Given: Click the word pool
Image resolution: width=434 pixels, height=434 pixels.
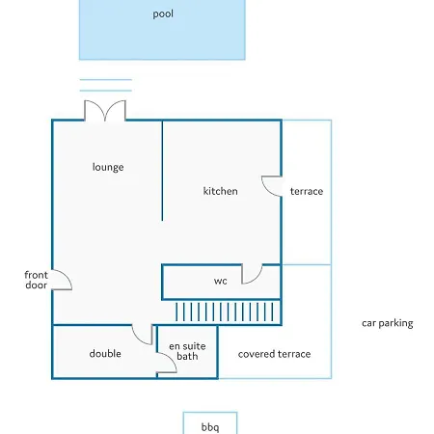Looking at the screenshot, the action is click(x=163, y=14).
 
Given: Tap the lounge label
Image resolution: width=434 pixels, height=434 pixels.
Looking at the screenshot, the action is click(x=108, y=167).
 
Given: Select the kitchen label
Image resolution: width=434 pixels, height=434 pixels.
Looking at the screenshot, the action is click(x=221, y=191).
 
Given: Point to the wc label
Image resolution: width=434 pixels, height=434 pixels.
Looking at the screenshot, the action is click(x=221, y=281).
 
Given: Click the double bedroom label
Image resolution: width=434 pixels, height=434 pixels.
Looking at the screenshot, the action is click(x=105, y=354).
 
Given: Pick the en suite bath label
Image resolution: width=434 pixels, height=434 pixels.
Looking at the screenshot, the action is click(x=187, y=351).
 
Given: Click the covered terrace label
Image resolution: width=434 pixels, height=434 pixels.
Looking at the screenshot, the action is click(x=274, y=354).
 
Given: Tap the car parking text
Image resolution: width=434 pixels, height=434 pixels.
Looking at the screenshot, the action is click(x=388, y=323).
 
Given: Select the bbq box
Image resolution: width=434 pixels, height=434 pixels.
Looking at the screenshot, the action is click(x=210, y=422).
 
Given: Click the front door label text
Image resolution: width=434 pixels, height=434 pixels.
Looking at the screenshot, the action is click(x=36, y=280).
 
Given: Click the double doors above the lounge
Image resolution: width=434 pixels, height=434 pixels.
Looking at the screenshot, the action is click(x=105, y=110).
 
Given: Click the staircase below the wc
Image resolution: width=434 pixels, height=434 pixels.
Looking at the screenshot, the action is click(x=225, y=312).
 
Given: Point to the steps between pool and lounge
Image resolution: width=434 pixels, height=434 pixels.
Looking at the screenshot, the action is click(x=106, y=85).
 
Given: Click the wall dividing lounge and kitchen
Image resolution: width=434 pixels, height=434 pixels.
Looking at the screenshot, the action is click(x=162, y=171).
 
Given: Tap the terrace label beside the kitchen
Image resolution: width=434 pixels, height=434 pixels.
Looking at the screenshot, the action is click(x=307, y=191).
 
